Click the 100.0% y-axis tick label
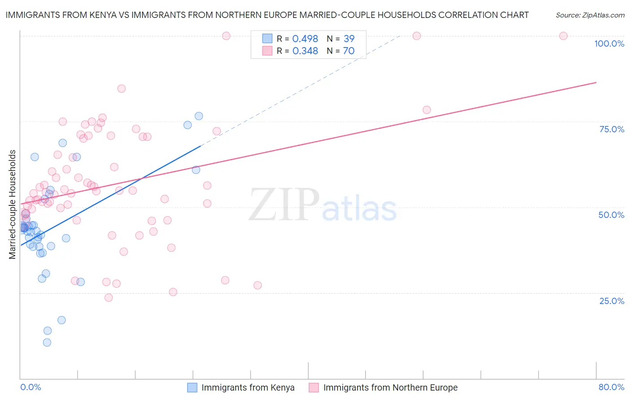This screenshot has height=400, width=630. (x=609, y=43)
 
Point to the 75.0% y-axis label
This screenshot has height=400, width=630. (x=612, y=129)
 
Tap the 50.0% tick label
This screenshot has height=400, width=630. (x=611, y=215)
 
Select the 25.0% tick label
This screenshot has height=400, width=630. (x=612, y=301)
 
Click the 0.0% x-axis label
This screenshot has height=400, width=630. (x=30, y=387)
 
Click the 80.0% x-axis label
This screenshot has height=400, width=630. (x=611, y=387)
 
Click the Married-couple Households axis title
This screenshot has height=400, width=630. (x=13, y=204)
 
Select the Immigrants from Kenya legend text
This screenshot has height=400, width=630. (x=248, y=387)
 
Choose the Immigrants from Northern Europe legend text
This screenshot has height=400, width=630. (x=390, y=387)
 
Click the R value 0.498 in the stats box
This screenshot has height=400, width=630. (x=305, y=39)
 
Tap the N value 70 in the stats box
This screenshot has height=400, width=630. (x=349, y=51)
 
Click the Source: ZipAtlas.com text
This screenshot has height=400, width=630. (x=590, y=15)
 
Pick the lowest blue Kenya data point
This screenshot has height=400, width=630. (x=47, y=343)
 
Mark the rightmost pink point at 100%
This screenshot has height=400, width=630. (x=563, y=36)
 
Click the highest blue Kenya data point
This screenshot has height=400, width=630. (x=198, y=116)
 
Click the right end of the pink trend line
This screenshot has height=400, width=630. (x=596, y=83)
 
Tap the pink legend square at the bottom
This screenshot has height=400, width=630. (x=314, y=387)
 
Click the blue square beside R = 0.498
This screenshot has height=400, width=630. (x=267, y=39)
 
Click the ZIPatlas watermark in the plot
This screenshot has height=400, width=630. (x=323, y=205)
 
